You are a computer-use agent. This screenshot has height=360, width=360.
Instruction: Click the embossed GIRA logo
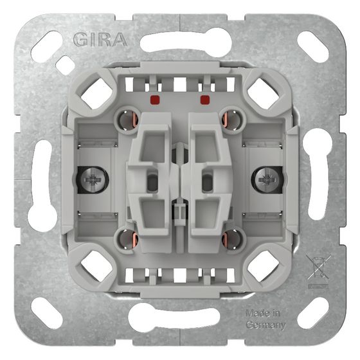point(100,40)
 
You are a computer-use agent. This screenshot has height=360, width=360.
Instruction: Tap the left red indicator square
point(155,100)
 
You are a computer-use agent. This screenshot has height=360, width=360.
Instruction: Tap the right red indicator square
point(205,100)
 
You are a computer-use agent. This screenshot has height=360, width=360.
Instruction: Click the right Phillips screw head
point(267,179)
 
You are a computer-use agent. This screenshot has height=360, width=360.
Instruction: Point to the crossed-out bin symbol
point(319,271)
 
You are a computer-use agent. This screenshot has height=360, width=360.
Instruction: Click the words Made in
point(263,313)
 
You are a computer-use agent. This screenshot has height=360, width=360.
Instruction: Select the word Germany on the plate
point(265,325)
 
